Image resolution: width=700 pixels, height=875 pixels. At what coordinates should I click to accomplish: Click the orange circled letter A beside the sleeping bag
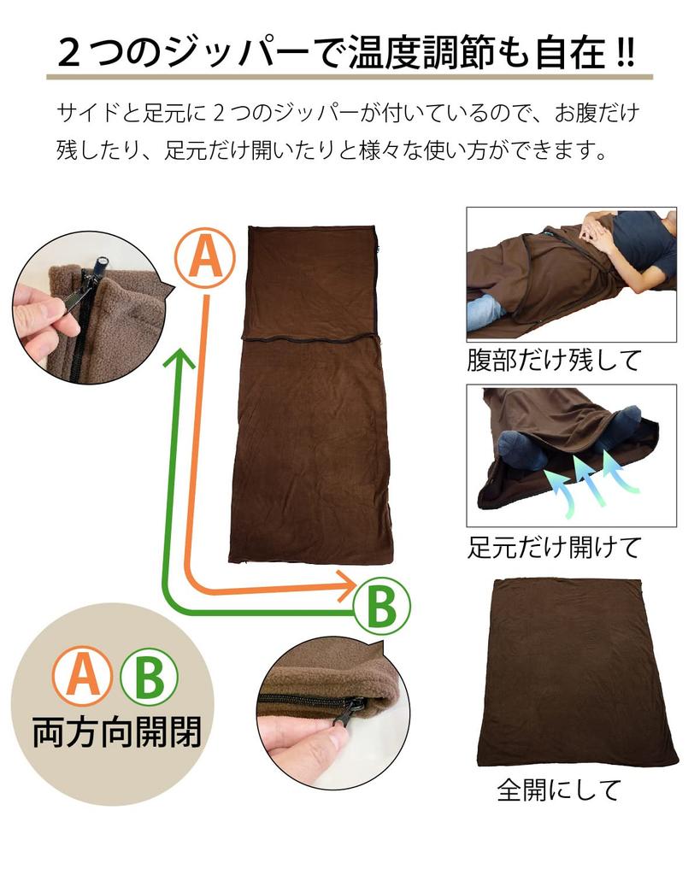tap(204, 255)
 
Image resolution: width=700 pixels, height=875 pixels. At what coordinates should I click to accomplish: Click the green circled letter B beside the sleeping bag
tap(381, 607)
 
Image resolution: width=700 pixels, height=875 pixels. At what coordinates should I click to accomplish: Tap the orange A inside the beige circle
tap(82, 675)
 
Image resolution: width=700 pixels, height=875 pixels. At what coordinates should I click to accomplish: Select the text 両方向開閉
tap(116, 733)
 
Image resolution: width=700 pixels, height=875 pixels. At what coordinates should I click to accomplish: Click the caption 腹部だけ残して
tap(553, 360)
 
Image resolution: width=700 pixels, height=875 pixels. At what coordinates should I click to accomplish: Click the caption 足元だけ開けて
tap(553, 547)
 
